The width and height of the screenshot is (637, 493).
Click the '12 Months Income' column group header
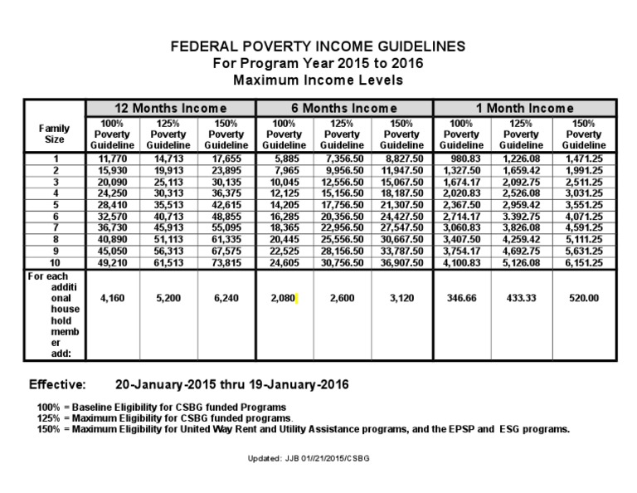(x=170, y=108)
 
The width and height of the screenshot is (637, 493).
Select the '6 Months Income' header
(x=343, y=108)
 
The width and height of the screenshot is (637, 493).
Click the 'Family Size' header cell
(x=54, y=134)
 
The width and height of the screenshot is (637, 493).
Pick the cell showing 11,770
(x=112, y=158)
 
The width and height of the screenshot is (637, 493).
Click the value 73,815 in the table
(x=226, y=261)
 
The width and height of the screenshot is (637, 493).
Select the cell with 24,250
(x=112, y=192)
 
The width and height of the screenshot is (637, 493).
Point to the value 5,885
(x=285, y=158)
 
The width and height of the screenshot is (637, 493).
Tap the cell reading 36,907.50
(x=403, y=261)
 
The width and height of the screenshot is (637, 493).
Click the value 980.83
(x=462, y=158)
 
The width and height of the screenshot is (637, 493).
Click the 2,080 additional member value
(x=284, y=297)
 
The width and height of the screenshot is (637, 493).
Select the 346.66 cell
(x=462, y=297)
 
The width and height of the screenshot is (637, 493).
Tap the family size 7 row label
(x=56, y=227)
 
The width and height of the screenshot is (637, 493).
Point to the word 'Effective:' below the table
(x=57, y=385)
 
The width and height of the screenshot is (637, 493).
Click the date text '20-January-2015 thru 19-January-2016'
(x=231, y=385)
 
